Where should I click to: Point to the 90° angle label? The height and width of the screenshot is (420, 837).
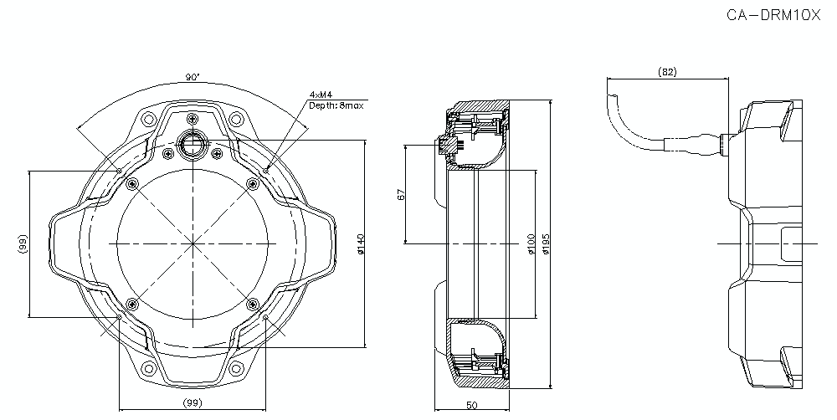pos(193,77)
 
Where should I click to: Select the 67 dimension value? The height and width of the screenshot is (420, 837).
pos(401,194)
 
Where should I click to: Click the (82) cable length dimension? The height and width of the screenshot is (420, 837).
pos(667,72)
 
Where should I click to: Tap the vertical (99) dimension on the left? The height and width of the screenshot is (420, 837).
pos(23,244)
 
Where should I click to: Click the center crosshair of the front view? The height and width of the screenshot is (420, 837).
pos(193,243)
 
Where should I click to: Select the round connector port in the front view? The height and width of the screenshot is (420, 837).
pos(193,143)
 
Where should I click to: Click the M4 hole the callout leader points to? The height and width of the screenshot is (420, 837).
pos(266,170)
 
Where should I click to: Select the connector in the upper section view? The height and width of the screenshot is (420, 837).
pos(448,146)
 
